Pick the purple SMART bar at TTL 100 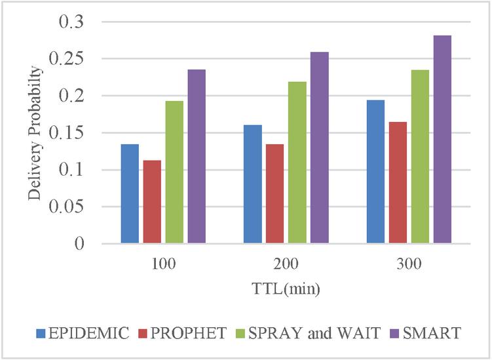click(x=197, y=157)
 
